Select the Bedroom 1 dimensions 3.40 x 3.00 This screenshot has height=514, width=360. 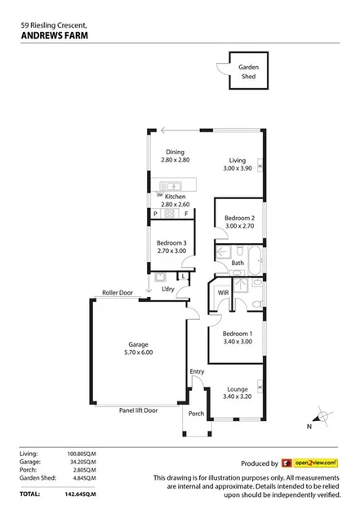[238, 343]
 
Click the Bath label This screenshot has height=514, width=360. [238, 263]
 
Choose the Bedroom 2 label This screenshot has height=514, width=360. [240, 218]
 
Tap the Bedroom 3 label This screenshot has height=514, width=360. [172, 242]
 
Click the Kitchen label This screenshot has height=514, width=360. [176, 197]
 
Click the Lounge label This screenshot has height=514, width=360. [238, 389]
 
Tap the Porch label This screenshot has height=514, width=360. [196, 413]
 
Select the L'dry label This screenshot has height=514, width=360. [168, 289]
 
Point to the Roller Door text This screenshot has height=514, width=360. [117, 292]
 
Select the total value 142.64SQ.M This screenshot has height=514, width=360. [80, 494]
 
